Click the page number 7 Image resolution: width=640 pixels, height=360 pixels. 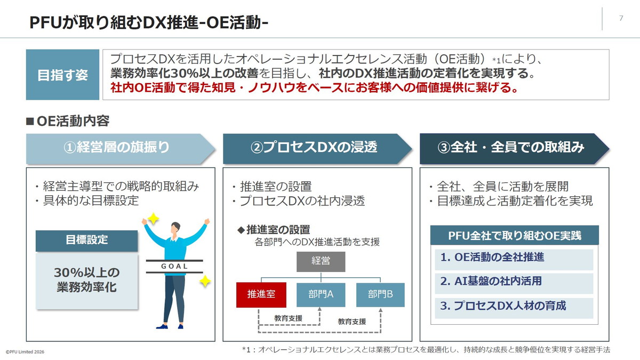(x=621, y=18)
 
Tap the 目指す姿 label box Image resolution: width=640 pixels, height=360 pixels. (x=62, y=75)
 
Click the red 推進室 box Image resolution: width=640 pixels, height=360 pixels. (x=261, y=294)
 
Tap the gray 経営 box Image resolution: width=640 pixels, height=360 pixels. (x=321, y=261)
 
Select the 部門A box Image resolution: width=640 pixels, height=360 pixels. (x=321, y=294)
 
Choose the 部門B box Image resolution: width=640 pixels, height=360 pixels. (x=380, y=294)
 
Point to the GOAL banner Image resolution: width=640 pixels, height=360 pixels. (x=174, y=266)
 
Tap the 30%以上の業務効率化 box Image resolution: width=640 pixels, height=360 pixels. (x=86, y=280)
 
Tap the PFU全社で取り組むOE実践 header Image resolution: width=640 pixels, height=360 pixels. (x=514, y=235)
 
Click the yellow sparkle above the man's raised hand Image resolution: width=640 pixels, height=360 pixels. (x=153, y=218)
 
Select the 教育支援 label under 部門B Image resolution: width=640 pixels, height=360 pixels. (x=352, y=322)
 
